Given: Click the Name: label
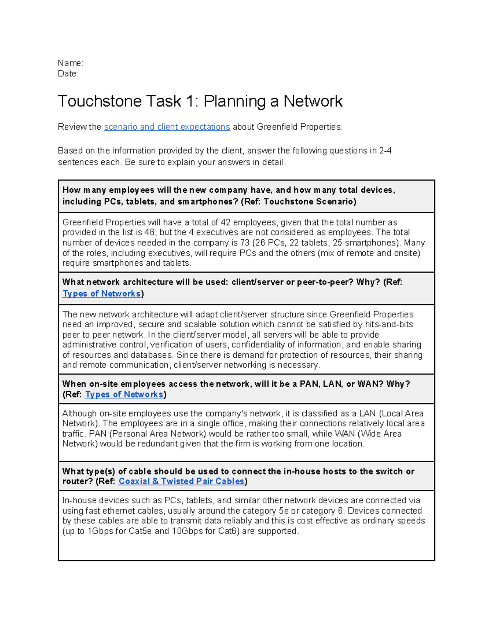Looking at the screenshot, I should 71,63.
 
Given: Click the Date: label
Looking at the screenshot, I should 68,74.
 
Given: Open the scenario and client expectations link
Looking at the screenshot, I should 167,127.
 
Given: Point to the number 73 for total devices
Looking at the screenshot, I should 245,243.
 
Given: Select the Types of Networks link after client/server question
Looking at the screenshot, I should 101,294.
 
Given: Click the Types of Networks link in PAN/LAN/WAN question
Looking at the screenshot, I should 124,395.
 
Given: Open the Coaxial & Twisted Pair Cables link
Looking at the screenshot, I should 181,482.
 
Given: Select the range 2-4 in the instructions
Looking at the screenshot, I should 385,151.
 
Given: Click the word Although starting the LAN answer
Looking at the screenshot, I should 80,413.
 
